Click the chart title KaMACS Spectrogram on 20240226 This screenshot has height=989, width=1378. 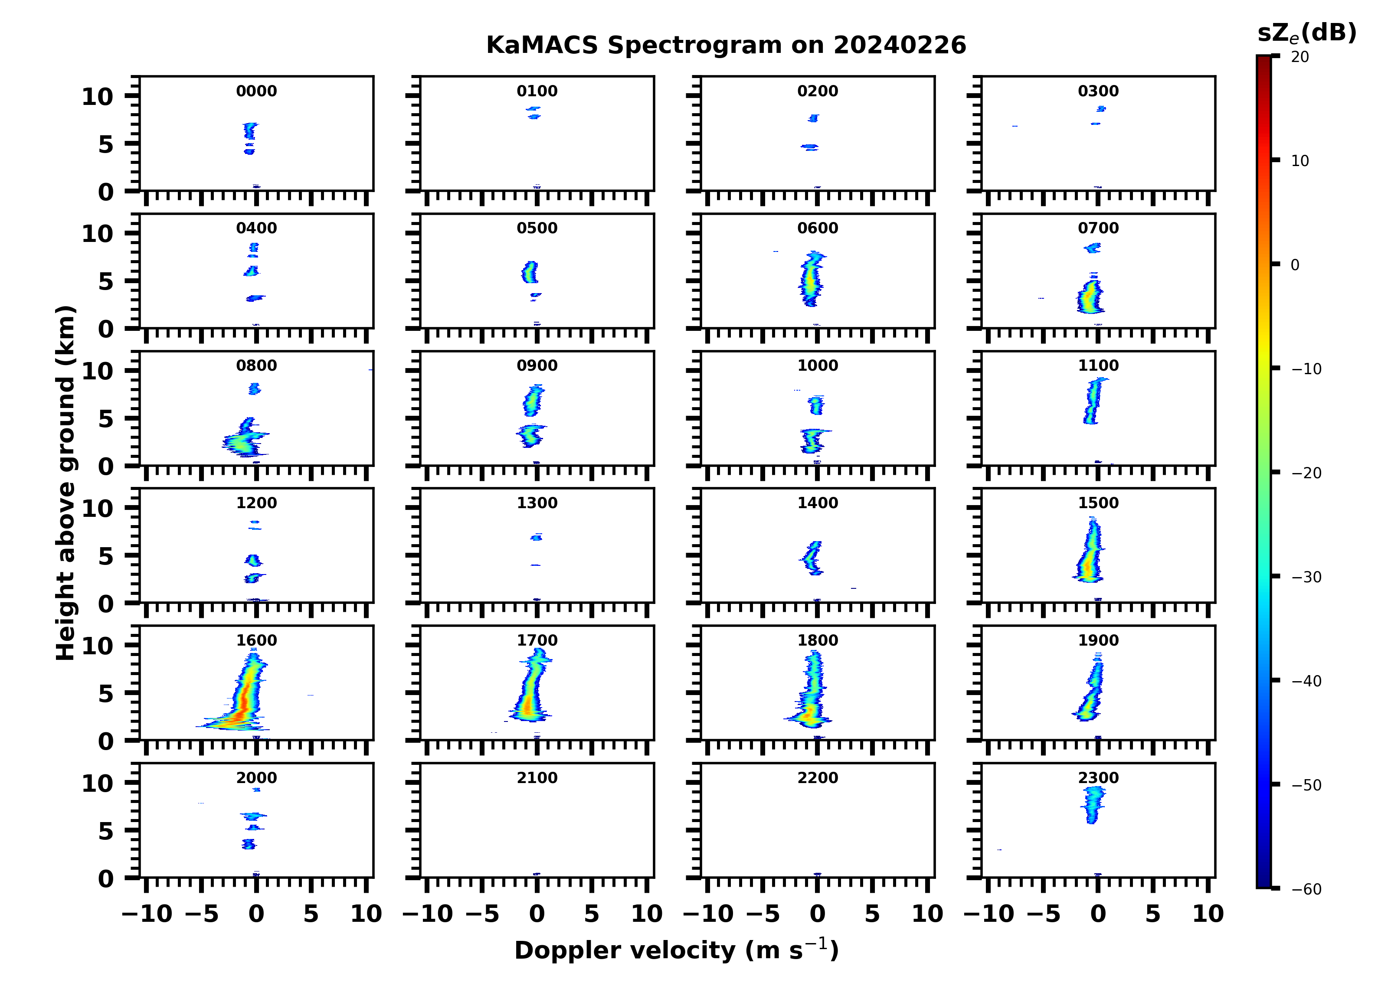pos(726,45)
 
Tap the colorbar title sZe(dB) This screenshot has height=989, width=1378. pos(1306,33)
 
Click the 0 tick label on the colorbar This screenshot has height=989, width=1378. pos(1295,265)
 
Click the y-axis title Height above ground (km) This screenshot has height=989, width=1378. pos(65,483)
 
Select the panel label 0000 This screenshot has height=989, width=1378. pos(256,91)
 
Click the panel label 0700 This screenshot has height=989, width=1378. pos(1098,228)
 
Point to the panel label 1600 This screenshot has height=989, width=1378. pos(256,640)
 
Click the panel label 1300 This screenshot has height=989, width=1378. pos(537,503)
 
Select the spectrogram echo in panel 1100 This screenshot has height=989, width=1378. pos(1093,401)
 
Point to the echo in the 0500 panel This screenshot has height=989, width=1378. pos(530,272)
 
